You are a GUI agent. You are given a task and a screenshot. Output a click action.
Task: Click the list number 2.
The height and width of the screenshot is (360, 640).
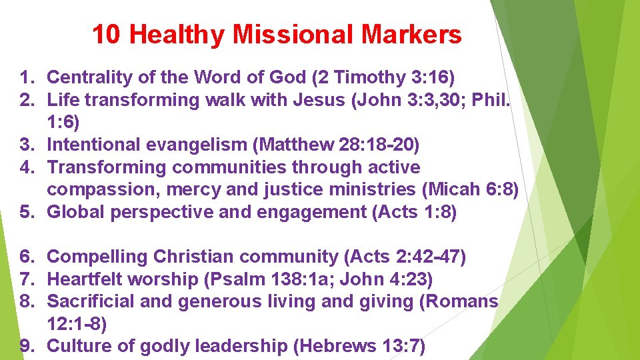coord(27,101)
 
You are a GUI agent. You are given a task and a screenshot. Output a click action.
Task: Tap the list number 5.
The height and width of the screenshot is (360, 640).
coord(27,212)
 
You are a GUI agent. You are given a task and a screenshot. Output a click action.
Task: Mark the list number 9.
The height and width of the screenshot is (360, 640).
coord(27,347)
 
